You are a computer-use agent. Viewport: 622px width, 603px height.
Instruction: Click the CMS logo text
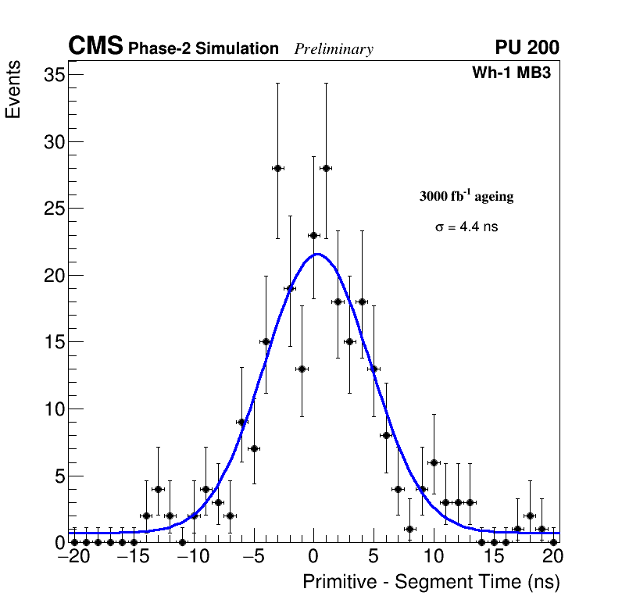point(95,47)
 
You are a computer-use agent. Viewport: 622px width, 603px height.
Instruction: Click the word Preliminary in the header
point(334,49)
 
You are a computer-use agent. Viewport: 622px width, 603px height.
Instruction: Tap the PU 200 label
point(527,48)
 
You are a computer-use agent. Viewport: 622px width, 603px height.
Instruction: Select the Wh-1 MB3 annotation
point(512,73)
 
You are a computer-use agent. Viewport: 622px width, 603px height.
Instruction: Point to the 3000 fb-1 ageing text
point(466,197)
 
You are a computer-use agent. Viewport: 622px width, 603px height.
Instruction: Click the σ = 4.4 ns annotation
point(466,227)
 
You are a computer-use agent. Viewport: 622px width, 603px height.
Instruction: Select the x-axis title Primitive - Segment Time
point(431,582)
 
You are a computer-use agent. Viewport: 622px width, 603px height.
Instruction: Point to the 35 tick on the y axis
point(53,75)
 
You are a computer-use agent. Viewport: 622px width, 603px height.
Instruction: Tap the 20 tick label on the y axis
point(53,276)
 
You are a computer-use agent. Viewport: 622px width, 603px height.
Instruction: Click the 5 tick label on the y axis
point(59,476)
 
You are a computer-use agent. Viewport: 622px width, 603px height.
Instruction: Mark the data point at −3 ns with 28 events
point(277,168)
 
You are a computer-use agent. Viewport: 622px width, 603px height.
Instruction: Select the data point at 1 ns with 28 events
point(326,168)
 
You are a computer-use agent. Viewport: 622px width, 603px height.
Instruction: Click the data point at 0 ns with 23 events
point(313,235)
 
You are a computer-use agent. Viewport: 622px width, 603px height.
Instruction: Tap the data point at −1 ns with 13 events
point(302,369)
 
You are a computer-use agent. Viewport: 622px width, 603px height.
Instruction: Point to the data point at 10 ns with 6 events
point(434,462)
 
